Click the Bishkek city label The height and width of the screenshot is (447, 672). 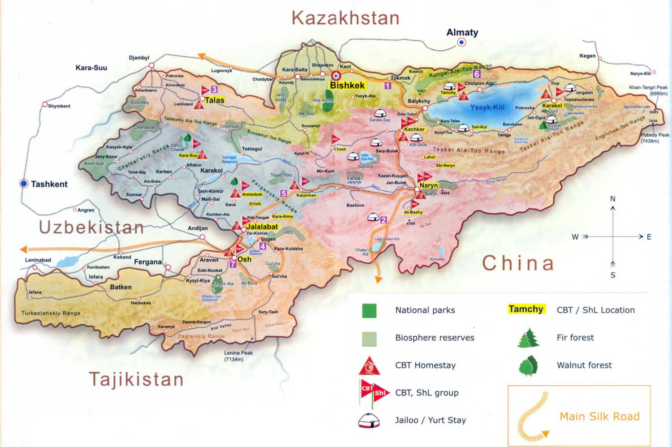coord(347,85)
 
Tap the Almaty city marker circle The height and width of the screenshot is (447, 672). coord(461,42)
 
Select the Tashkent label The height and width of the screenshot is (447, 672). coord(49,184)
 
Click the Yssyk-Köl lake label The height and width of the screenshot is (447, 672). coord(487,107)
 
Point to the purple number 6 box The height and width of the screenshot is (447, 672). coord(477,74)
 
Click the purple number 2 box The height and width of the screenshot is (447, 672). coord(383,220)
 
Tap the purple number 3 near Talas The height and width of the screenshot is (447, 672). coord(215,90)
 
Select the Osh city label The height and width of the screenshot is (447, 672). coord(244,259)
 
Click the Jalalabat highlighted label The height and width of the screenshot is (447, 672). coord(262,227)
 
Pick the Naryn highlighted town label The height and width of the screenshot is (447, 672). coord(428,185)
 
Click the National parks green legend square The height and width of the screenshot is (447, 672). coord(369,310)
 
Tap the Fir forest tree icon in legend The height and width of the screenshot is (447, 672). coord(529,338)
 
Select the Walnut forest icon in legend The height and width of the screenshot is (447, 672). coord(529,365)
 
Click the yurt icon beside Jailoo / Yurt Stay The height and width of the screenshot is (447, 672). coord(369,421)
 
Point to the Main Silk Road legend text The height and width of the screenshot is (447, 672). coord(599,417)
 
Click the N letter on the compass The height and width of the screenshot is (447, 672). coord(613,199)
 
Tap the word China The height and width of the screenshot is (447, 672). coord(518,263)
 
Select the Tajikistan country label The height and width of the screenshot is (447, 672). coord(137,379)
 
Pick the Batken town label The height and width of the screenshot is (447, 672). coord(121,287)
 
